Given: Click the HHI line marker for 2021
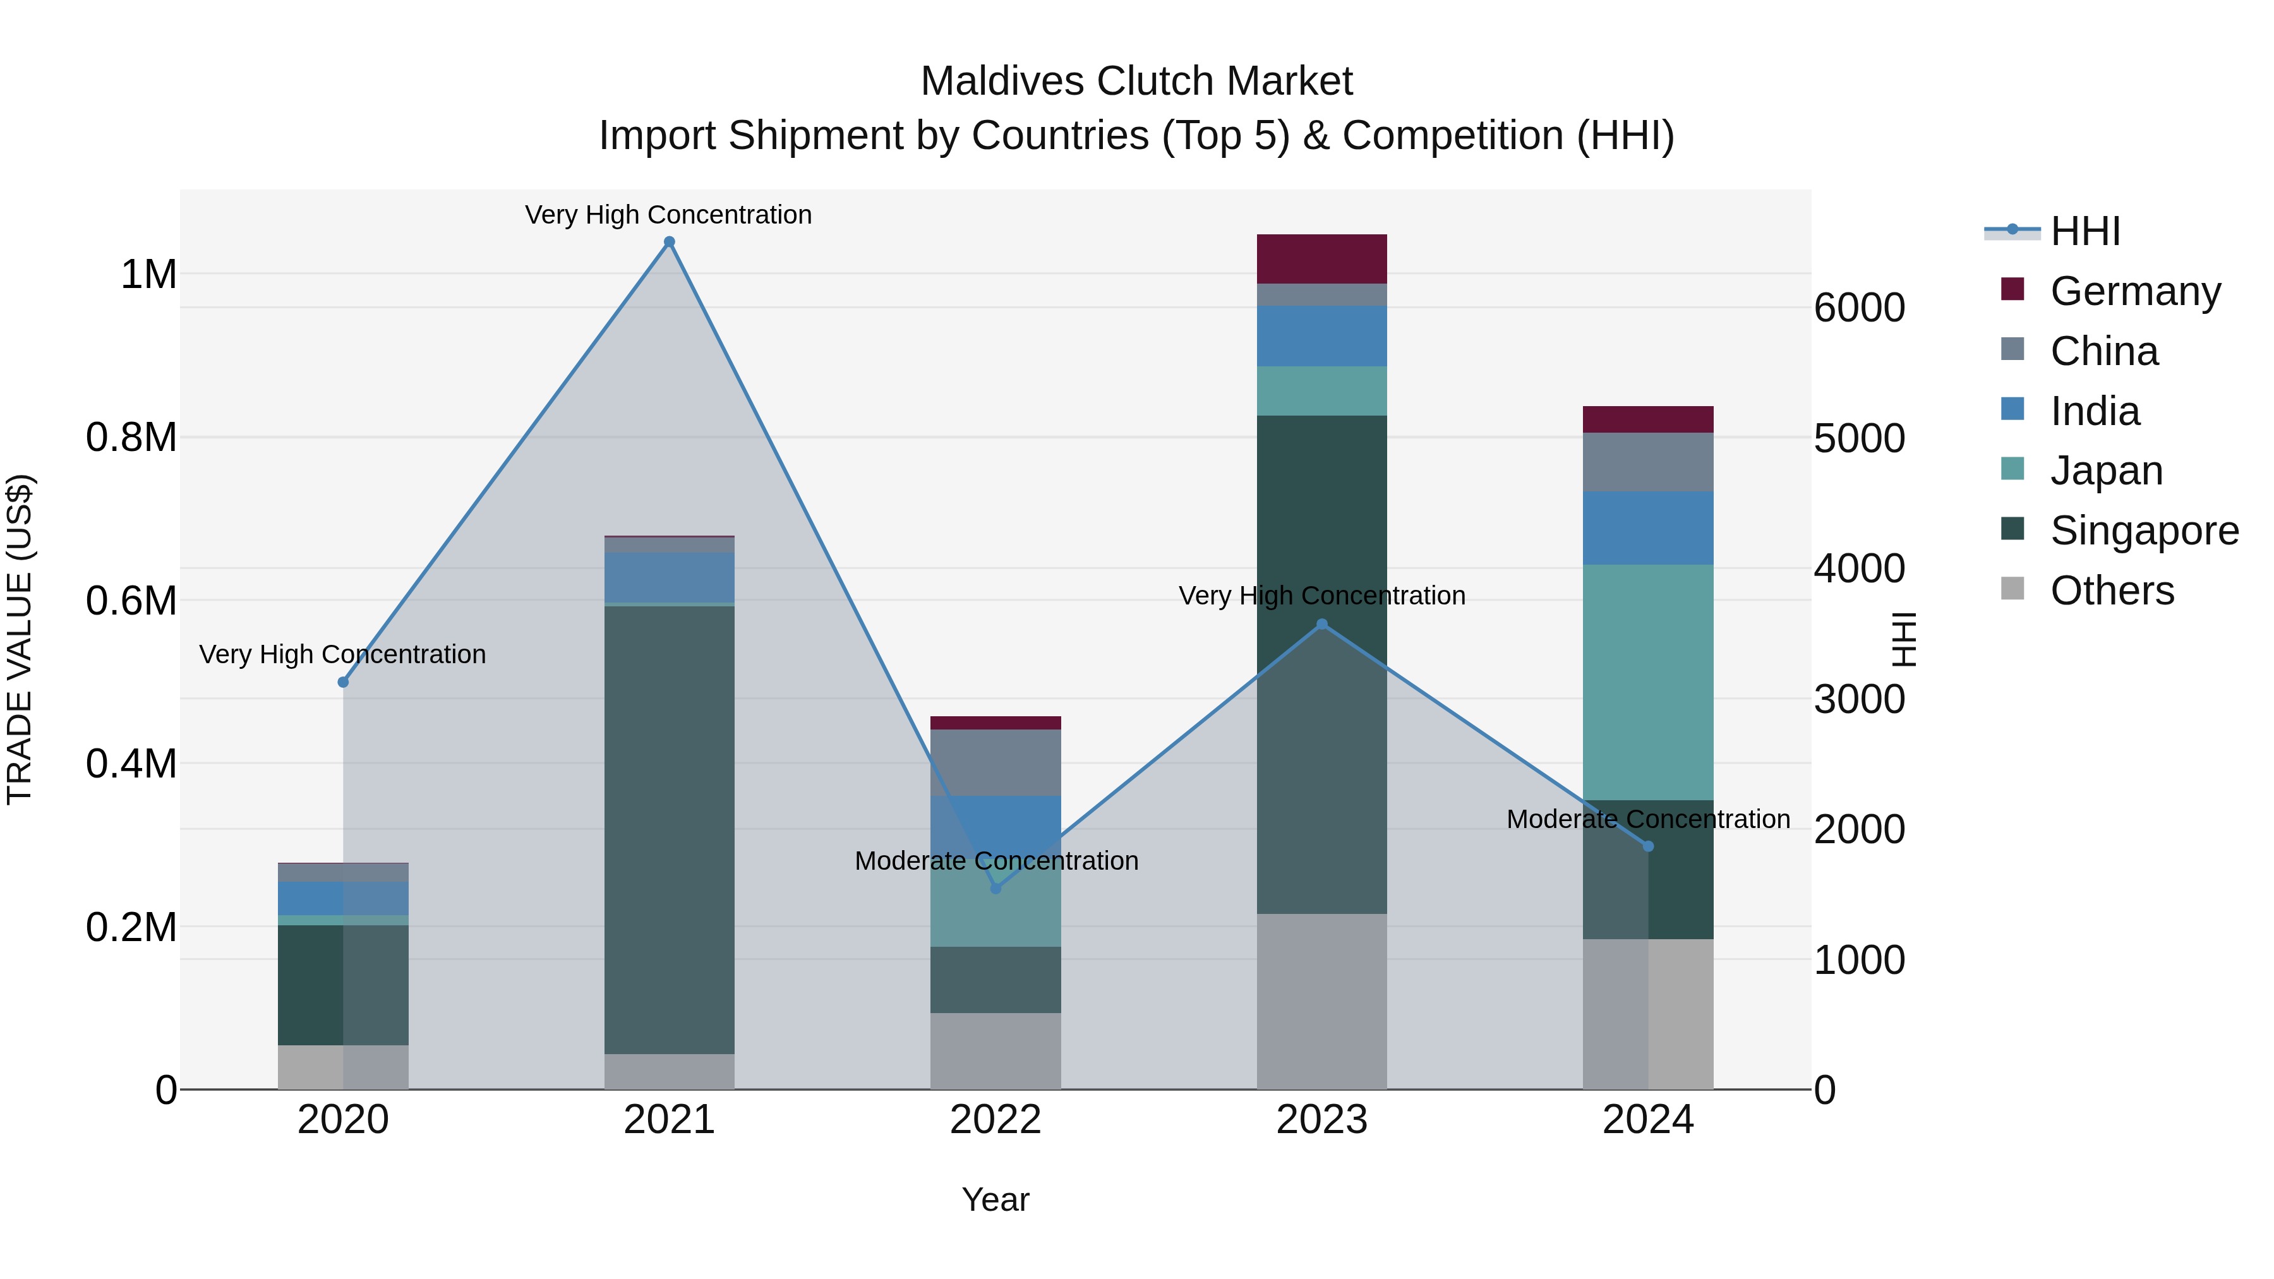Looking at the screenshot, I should tap(669, 242).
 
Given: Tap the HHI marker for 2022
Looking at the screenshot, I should tap(996, 888).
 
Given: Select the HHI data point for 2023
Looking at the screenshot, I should tap(1321, 624).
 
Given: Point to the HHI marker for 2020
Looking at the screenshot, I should tap(344, 682).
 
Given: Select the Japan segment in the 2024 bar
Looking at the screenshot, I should tap(1647, 682).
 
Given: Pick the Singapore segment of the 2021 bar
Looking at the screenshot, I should tap(669, 830).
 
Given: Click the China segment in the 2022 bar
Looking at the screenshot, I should tap(996, 762).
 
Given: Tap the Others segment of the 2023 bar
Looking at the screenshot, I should tap(1321, 1001).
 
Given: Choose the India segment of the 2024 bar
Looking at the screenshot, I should tap(1647, 528).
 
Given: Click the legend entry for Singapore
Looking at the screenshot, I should tap(2143, 531).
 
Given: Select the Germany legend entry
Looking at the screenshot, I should tap(2134, 291).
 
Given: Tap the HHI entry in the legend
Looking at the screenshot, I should tap(2084, 231).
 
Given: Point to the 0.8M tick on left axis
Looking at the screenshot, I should tap(131, 438).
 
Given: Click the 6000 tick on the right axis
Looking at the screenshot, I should tap(1859, 308).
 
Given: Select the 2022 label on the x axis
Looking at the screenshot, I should tap(996, 1120).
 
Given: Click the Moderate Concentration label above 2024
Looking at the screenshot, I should tap(1647, 819).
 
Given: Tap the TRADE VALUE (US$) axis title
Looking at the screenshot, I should tap(20, 639).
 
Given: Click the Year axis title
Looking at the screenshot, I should tap(996, 1199).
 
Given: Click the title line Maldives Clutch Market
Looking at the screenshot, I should tap(1136, 81).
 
